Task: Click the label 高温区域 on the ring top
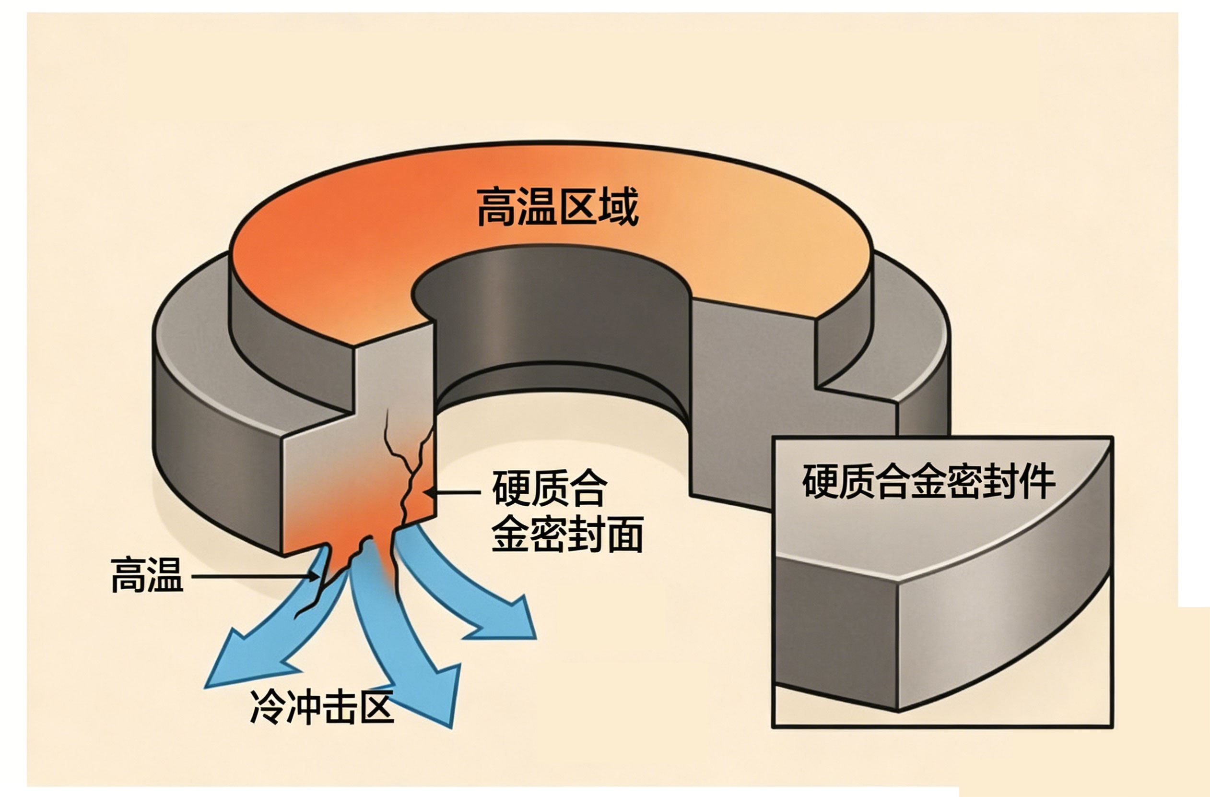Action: (557, 207)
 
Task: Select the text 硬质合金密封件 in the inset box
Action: (929, 481)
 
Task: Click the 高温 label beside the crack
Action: (147, 575)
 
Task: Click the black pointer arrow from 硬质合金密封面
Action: (452, 492)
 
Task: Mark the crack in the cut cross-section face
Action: (407, 473)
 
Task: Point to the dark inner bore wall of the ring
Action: (559, 315)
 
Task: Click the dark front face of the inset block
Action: (834, 630)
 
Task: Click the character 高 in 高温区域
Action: (496, 207)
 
